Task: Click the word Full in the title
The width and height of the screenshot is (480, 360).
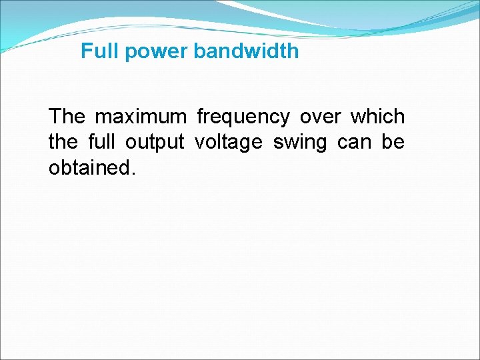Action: [96, 51]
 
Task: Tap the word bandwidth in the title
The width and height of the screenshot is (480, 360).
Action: [247, 51]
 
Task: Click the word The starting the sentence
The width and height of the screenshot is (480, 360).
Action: [67, 117]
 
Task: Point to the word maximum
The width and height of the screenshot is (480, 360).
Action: [141, 117]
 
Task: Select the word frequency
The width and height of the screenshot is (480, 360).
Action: [243, 117]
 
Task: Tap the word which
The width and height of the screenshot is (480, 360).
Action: [377, 117]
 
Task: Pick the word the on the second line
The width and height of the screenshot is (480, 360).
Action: [63, 142]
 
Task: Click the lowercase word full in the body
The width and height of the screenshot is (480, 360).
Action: [102, 142]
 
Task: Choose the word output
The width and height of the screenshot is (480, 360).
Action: [155, 143]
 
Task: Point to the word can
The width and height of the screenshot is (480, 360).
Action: [355, 143]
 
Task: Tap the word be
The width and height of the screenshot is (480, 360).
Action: [393, 142]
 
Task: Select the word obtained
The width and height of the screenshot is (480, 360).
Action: [89, 167]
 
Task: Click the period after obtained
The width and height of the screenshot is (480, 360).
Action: [133, 173]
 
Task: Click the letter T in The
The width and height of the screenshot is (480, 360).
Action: [55, 117]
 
